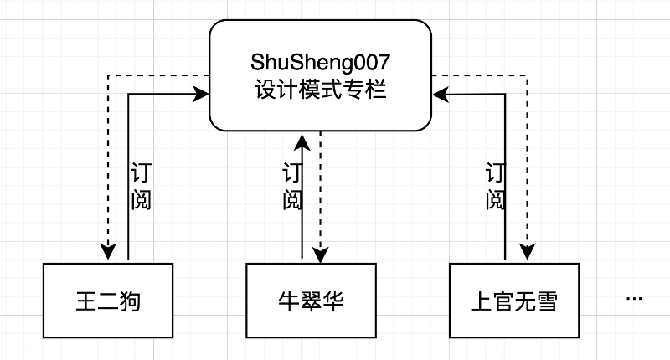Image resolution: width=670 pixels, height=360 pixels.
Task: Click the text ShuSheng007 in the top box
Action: tap(321, 64)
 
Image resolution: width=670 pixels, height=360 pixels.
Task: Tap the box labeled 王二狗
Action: tap(107, 301)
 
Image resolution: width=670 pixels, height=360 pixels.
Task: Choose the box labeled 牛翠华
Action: tap(311, 301)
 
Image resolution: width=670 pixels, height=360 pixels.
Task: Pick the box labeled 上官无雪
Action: tap(513, 301)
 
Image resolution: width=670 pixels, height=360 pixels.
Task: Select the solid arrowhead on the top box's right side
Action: tap(441, 95)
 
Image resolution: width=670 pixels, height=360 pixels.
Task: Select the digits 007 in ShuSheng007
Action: tap(372, 64)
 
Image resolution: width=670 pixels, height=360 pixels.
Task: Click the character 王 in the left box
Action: tap(85, 301)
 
